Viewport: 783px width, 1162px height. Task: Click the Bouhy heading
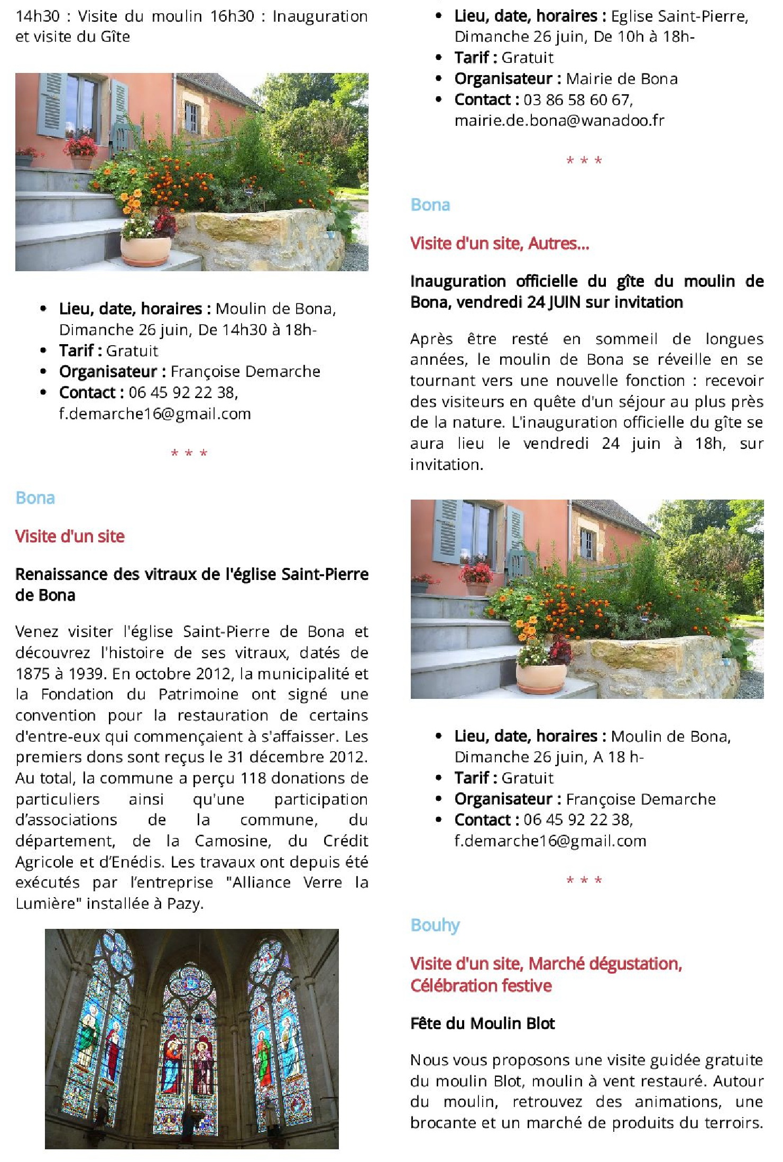435,925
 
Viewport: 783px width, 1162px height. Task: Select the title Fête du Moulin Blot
482,1023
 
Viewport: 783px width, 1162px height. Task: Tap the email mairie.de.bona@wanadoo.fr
559,121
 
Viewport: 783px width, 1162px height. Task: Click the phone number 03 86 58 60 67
577,100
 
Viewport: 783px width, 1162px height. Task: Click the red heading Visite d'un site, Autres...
500,243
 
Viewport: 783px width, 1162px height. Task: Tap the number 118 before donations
253,778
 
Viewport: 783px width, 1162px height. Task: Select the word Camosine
232,841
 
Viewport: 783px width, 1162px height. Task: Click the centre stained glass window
189,1052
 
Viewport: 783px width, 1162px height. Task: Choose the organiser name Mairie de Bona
622,79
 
